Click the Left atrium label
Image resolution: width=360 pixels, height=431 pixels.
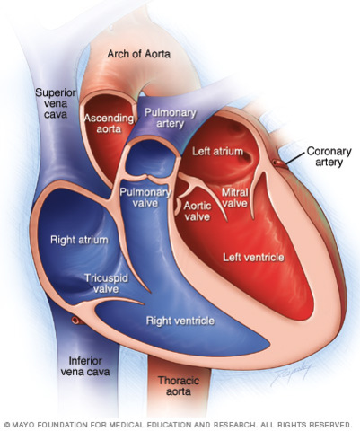217,152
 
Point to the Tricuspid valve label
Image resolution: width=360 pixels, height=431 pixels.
105,285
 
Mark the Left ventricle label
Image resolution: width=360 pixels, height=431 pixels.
254,258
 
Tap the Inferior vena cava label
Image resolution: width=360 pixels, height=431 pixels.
87,367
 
